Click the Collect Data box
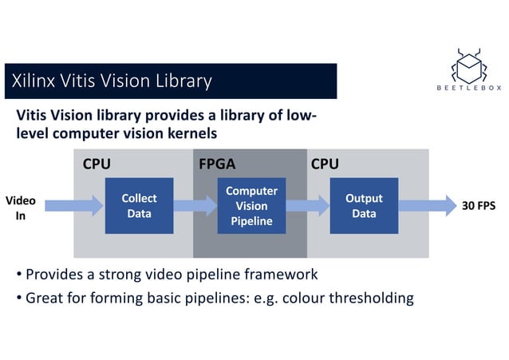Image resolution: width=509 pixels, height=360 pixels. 139,206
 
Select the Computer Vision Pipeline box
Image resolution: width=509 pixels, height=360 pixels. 251,206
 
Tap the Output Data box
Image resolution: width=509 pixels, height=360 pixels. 364,206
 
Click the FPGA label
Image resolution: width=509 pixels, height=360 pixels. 216,164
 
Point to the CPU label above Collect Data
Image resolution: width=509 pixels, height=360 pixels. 97,164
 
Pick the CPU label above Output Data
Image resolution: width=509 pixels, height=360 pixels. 325,164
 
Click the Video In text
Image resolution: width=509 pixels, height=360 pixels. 21,208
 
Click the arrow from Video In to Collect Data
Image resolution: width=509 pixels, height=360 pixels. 69,206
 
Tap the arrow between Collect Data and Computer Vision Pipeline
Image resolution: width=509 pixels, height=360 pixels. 195,206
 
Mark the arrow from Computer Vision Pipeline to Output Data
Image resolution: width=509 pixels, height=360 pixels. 307,206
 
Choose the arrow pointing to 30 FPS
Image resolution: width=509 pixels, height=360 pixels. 424,206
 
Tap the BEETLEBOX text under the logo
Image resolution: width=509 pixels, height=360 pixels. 468,89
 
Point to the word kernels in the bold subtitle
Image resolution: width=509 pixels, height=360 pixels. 183,133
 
